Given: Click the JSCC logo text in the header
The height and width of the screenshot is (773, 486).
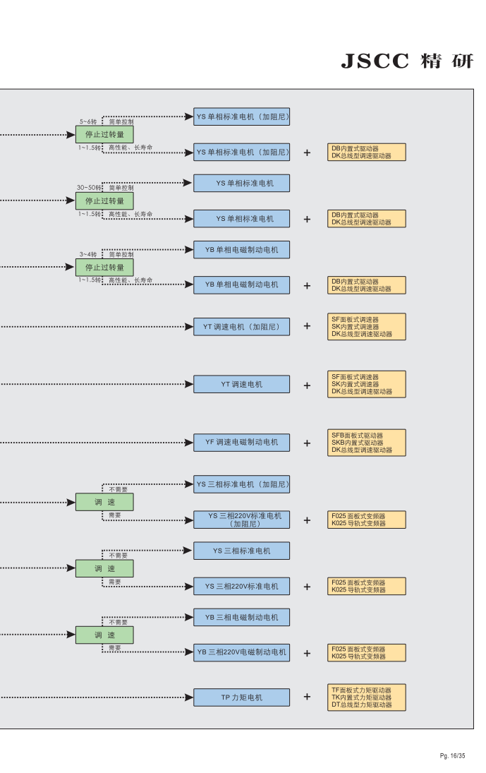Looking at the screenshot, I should tap(375, 61).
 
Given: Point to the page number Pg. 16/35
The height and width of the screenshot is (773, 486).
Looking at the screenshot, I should tap(452, 756).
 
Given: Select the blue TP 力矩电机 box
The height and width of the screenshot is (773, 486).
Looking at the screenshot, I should tap(241, 697).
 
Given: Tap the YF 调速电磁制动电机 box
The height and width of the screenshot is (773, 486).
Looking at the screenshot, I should tap(241, 443).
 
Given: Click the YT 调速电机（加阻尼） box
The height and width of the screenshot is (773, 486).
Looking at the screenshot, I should tap(241, 327).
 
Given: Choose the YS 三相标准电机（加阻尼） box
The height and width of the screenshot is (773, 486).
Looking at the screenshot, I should tap(241, 484).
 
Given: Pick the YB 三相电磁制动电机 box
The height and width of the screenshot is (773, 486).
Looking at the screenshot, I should tap(241, 617).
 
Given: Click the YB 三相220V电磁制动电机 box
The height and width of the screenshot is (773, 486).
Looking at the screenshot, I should tap(241, 652).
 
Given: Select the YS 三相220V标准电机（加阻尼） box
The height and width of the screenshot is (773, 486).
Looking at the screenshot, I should tap(241, 520).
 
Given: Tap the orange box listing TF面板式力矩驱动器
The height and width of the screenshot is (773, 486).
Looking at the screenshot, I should tap(367, 697).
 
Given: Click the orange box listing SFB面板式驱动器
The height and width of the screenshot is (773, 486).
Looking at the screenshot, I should tap(367, 443).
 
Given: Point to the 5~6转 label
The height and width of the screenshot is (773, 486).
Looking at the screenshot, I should tap(88, 121).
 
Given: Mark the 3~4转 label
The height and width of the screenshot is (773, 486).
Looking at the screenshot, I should tap(88, 254).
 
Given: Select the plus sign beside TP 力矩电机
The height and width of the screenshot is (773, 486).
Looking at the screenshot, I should tap(307, 697).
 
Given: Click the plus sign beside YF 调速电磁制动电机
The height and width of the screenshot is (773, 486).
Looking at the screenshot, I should tap(307, 443).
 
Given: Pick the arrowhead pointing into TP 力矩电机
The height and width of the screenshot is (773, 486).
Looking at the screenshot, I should tap(188, 697).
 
